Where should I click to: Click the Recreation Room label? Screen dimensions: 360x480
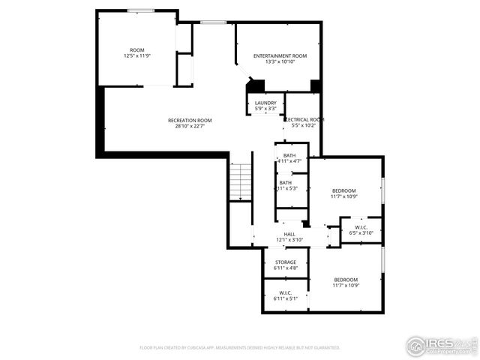click(x=190, y=120)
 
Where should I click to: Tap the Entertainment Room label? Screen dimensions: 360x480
click(x=280, y=56)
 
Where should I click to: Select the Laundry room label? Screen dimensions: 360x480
click(x=265, y=103)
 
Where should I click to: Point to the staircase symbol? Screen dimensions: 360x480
click(x=240, y=181)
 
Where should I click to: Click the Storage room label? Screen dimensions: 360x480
click(x=285, y=262)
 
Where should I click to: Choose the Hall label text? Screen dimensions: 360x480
click(x=289, y=234)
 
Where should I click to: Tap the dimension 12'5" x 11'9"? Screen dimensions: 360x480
click(x=137, y=56)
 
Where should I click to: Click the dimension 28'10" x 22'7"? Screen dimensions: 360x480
click(x=190, y=126)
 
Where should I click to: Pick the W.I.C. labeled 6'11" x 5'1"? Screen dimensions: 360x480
click(x=285, y=292)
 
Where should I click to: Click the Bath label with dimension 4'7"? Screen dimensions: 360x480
click(x=289, y=155)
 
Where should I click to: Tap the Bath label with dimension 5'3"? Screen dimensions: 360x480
click(x=286, y=182)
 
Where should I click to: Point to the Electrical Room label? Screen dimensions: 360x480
click(x=304, y=119)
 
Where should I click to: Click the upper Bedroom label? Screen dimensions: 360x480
click(x=345, y=190)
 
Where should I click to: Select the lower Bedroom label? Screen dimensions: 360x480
click(x=346, y=279)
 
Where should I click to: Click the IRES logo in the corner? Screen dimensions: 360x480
click(x=441, y=345)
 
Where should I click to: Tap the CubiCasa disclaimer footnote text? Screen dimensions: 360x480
click(x=240, y=348)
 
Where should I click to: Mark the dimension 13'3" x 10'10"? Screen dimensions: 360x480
click(x=280, y=62)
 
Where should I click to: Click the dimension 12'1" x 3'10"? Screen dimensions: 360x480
click(x=289, y=240)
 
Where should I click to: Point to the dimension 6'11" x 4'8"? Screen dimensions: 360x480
click(x=285, y=268)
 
